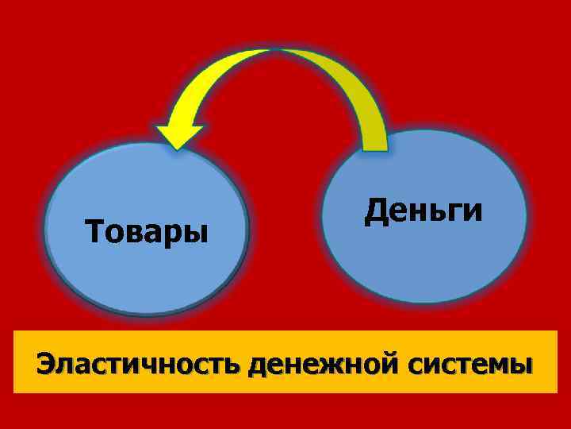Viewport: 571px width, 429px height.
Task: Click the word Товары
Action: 147,233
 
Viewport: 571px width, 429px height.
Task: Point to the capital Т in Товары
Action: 94,233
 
